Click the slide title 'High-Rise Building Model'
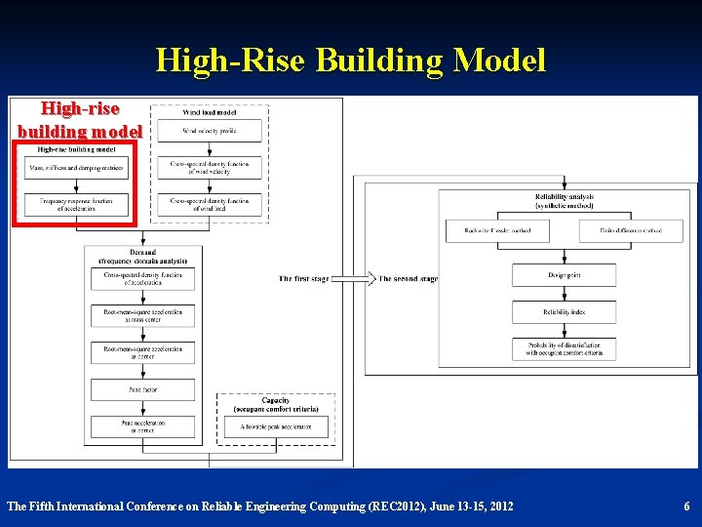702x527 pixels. tap(351, 61)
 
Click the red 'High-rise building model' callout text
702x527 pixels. tap(80, 120)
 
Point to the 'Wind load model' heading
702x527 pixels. tap(210, 112)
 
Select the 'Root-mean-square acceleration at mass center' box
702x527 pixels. tap(142, 314)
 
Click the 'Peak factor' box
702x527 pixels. tap(142, 389)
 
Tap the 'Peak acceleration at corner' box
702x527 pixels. tap(142, 426)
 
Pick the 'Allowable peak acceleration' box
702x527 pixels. tap(277, 426)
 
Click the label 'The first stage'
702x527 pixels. tap(304, 279)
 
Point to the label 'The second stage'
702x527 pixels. tap(409, 279)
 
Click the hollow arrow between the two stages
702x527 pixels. tap(357, 279)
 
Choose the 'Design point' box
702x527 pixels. tap(564, 275)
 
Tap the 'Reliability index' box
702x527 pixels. tap(564, 312)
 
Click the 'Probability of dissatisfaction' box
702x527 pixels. tap(564, 349)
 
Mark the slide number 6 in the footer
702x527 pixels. tap(686, 507)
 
